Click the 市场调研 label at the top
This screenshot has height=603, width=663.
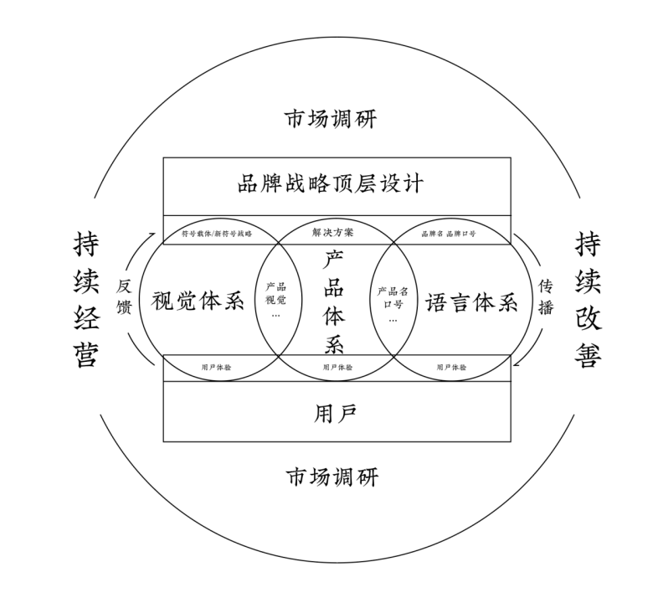point(331,118)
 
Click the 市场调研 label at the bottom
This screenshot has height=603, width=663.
point(331,477)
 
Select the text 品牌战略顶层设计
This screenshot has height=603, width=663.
point(332,183)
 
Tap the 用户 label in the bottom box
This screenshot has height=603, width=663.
point(335,413)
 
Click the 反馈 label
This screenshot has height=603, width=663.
point(124,297)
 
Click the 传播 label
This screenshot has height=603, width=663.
point(546,297)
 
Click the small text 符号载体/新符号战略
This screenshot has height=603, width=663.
point(216,233)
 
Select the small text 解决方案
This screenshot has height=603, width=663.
point(333,232)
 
